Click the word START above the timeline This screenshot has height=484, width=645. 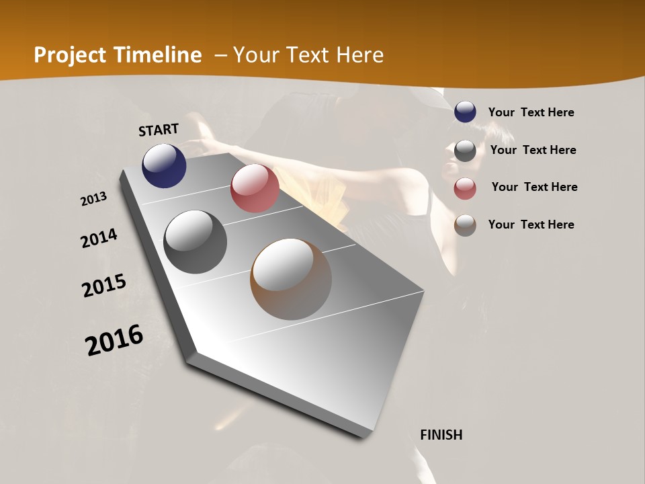click(159, 130)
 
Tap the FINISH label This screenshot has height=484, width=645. click(441, 435)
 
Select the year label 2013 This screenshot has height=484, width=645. click(94, 199)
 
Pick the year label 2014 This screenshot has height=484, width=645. click(99, 239)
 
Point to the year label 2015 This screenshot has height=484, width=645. click(104, 286)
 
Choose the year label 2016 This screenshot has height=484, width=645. click(114, 340)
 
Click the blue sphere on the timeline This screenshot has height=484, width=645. click(164, 165)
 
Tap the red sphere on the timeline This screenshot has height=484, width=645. click(255, 188)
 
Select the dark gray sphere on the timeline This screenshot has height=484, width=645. click(195, 242)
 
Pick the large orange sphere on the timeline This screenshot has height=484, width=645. click(291, 279)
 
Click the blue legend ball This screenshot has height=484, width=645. click(465, 112)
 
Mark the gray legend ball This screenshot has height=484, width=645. click(465, 151)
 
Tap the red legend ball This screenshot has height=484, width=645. click(465, 188)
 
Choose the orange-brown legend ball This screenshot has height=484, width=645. click(465, 225)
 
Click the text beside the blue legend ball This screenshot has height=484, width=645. click(531, 112)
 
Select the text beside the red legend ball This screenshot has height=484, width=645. click(534, 187)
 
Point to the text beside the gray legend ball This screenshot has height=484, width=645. click(533, 150)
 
